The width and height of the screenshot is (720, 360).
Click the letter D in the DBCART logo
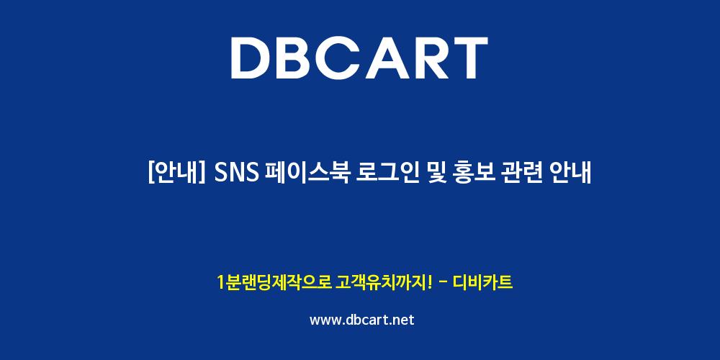click(x=251, y=58)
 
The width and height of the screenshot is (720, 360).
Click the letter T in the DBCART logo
click(x=469, y=58)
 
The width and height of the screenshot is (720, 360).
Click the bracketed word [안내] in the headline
click(x=176, y=173)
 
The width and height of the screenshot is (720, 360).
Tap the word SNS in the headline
click(x=236, y=174)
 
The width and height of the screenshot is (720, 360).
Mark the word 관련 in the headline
click(x=528, y=173)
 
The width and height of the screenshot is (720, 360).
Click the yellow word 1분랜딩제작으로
click(x=274, y=282)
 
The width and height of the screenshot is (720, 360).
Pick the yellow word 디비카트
click(x=482, y=282)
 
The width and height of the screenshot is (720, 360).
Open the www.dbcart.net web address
click(x=362, y=320)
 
